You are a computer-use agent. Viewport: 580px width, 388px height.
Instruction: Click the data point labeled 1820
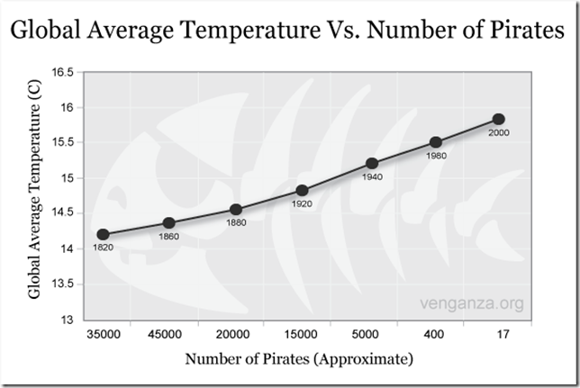(x=103, y=234)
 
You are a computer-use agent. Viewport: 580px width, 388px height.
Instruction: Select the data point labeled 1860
(x=168, y=223)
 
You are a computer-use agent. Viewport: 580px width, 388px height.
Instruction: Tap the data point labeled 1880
(x=236, y=210)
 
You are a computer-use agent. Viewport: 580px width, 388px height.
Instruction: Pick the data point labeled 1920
(x=303, y=190)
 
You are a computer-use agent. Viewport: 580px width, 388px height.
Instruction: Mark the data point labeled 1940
(x=371, y=163)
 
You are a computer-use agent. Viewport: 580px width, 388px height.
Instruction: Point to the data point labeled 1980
(x=436, y=142)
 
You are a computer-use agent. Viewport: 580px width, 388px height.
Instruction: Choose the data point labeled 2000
(x=498, y=119)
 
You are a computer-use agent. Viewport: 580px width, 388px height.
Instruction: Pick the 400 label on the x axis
(x=435, y=335)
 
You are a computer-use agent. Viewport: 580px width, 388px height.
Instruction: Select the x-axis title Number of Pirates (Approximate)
(x=300, y=359)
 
